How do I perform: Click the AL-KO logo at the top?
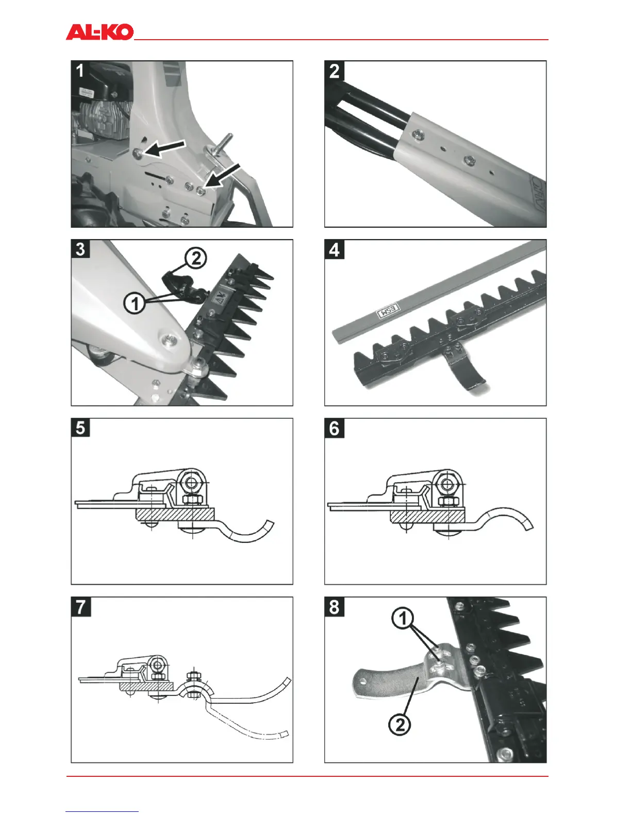tap(99, 32)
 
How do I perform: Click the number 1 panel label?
tap(80, 70)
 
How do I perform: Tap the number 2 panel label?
tap(334, 71)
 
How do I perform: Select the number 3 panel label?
tap(80, 249)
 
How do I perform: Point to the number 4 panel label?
tap(334, 249)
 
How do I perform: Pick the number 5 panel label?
tap(80, 428)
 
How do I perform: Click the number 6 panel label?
tap(334, 428)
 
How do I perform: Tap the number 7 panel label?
tap(80, 606)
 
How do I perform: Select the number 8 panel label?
tap(334, 606)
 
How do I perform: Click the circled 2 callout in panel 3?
tap(196, 258)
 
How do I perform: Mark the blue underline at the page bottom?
tap(102, 811)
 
